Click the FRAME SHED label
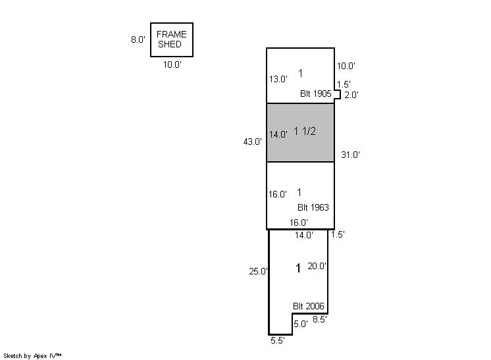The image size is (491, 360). coord(171,39)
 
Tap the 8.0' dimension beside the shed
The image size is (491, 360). coord(138,39)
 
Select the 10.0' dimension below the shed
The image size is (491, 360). coord(172,64)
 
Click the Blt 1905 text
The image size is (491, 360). coord(316,93)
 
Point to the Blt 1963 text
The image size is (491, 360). coord(313,207)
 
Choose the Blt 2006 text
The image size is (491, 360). coord(309,306)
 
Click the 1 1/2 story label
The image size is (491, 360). coord(305,131)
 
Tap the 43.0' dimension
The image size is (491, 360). coord(252,141)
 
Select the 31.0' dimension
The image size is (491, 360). coord(350,155)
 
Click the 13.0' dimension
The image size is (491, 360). coord(278,79)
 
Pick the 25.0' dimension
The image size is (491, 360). coord(259,271)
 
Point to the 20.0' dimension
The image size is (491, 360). coord(317,266)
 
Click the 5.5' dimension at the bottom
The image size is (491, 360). coord(278,341)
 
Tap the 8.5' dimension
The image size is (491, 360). coord(320,319)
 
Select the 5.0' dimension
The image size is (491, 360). coord(301,324)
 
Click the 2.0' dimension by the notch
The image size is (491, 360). coord(351,95)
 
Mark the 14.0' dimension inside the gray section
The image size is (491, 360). coord(278,134)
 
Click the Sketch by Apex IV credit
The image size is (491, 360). coord(32,356)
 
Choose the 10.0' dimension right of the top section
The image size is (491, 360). coord(346,66)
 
